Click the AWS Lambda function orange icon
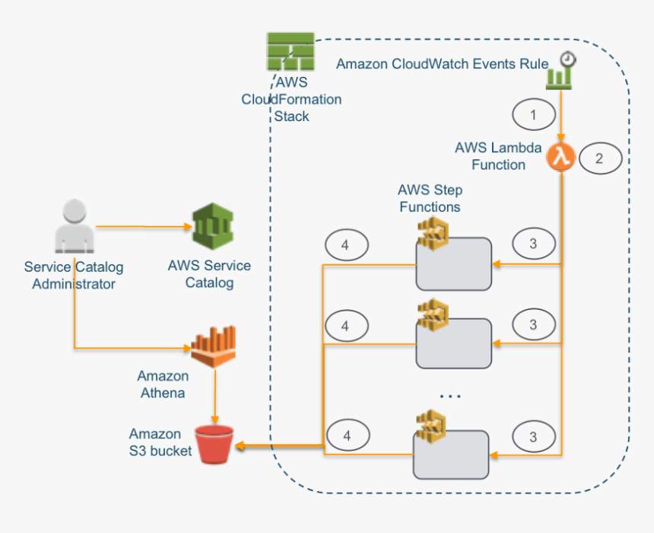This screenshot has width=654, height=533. (561, 157)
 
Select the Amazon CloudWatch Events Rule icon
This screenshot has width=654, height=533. (560, 70)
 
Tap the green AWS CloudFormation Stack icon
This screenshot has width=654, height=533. (290, 52)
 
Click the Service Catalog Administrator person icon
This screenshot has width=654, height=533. (75, 227)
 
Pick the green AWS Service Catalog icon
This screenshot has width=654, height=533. (212, 227)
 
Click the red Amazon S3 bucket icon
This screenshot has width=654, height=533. (214, 444)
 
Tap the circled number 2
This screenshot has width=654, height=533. (600, 158)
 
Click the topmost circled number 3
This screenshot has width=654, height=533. (534, 244)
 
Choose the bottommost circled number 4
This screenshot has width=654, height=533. (347, 436)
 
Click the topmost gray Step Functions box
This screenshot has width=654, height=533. (454, 264)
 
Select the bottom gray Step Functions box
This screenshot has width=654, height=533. (451, 455)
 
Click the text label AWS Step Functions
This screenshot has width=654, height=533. (430, 198)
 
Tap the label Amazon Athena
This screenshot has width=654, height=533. (163, 385)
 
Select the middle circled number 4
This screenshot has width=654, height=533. (347, 325)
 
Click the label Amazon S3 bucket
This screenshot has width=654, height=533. (160, 442)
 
